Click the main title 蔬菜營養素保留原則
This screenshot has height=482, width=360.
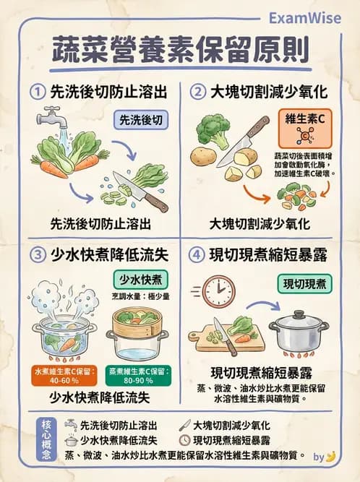click(x=180, y=51)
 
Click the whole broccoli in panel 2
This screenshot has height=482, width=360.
click(x=213, y=131)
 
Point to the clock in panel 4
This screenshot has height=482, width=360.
click(x=218, y=291)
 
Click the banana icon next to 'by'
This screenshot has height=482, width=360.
click(x=331, y=456)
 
